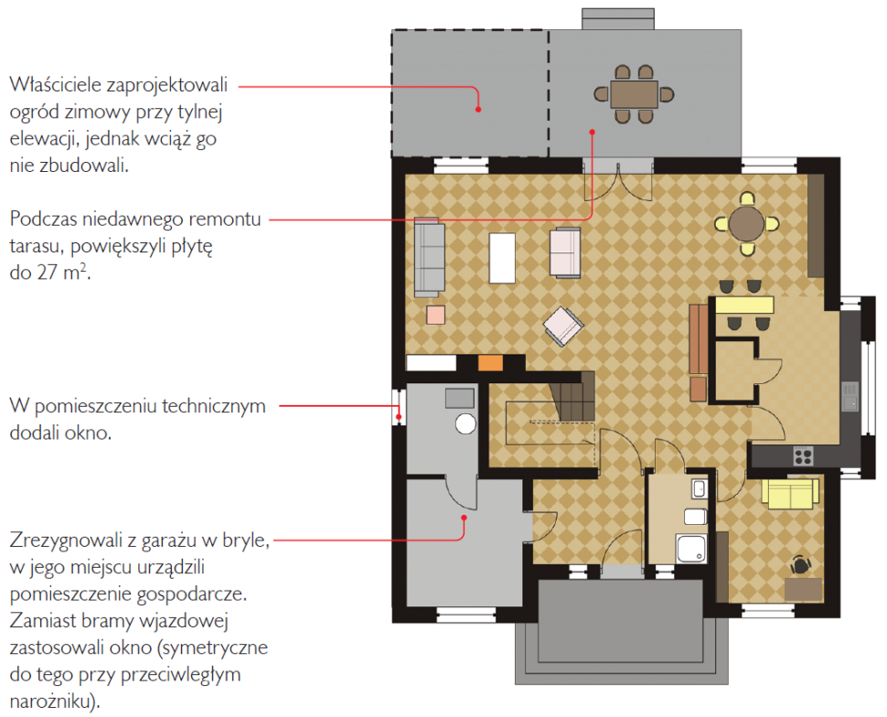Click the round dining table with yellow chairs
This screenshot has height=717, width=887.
(746, 224)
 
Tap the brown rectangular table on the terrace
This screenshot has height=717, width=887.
(634, 94)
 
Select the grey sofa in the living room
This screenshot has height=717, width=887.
(430, 258)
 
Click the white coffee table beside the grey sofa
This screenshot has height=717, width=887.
(502, 258)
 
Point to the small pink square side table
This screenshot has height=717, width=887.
(435, 316)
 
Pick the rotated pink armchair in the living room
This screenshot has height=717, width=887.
(563, 326)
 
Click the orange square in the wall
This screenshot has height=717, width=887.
(490, 363)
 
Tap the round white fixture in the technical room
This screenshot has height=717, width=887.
(465, 423)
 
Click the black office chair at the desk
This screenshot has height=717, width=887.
(801, 565)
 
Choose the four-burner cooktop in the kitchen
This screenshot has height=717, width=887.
(803, 455)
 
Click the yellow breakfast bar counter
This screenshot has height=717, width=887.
(743, 305)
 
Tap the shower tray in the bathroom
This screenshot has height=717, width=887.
(691, 549)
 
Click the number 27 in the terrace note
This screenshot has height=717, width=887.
(47, 273)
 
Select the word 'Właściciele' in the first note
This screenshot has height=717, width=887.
(55, 85)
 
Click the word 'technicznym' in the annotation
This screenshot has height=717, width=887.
(213, 406)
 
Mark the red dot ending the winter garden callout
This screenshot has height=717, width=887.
(478, 109)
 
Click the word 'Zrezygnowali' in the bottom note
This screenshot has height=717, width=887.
(67, 540)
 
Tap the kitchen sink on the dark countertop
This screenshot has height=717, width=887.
(850, 397)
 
